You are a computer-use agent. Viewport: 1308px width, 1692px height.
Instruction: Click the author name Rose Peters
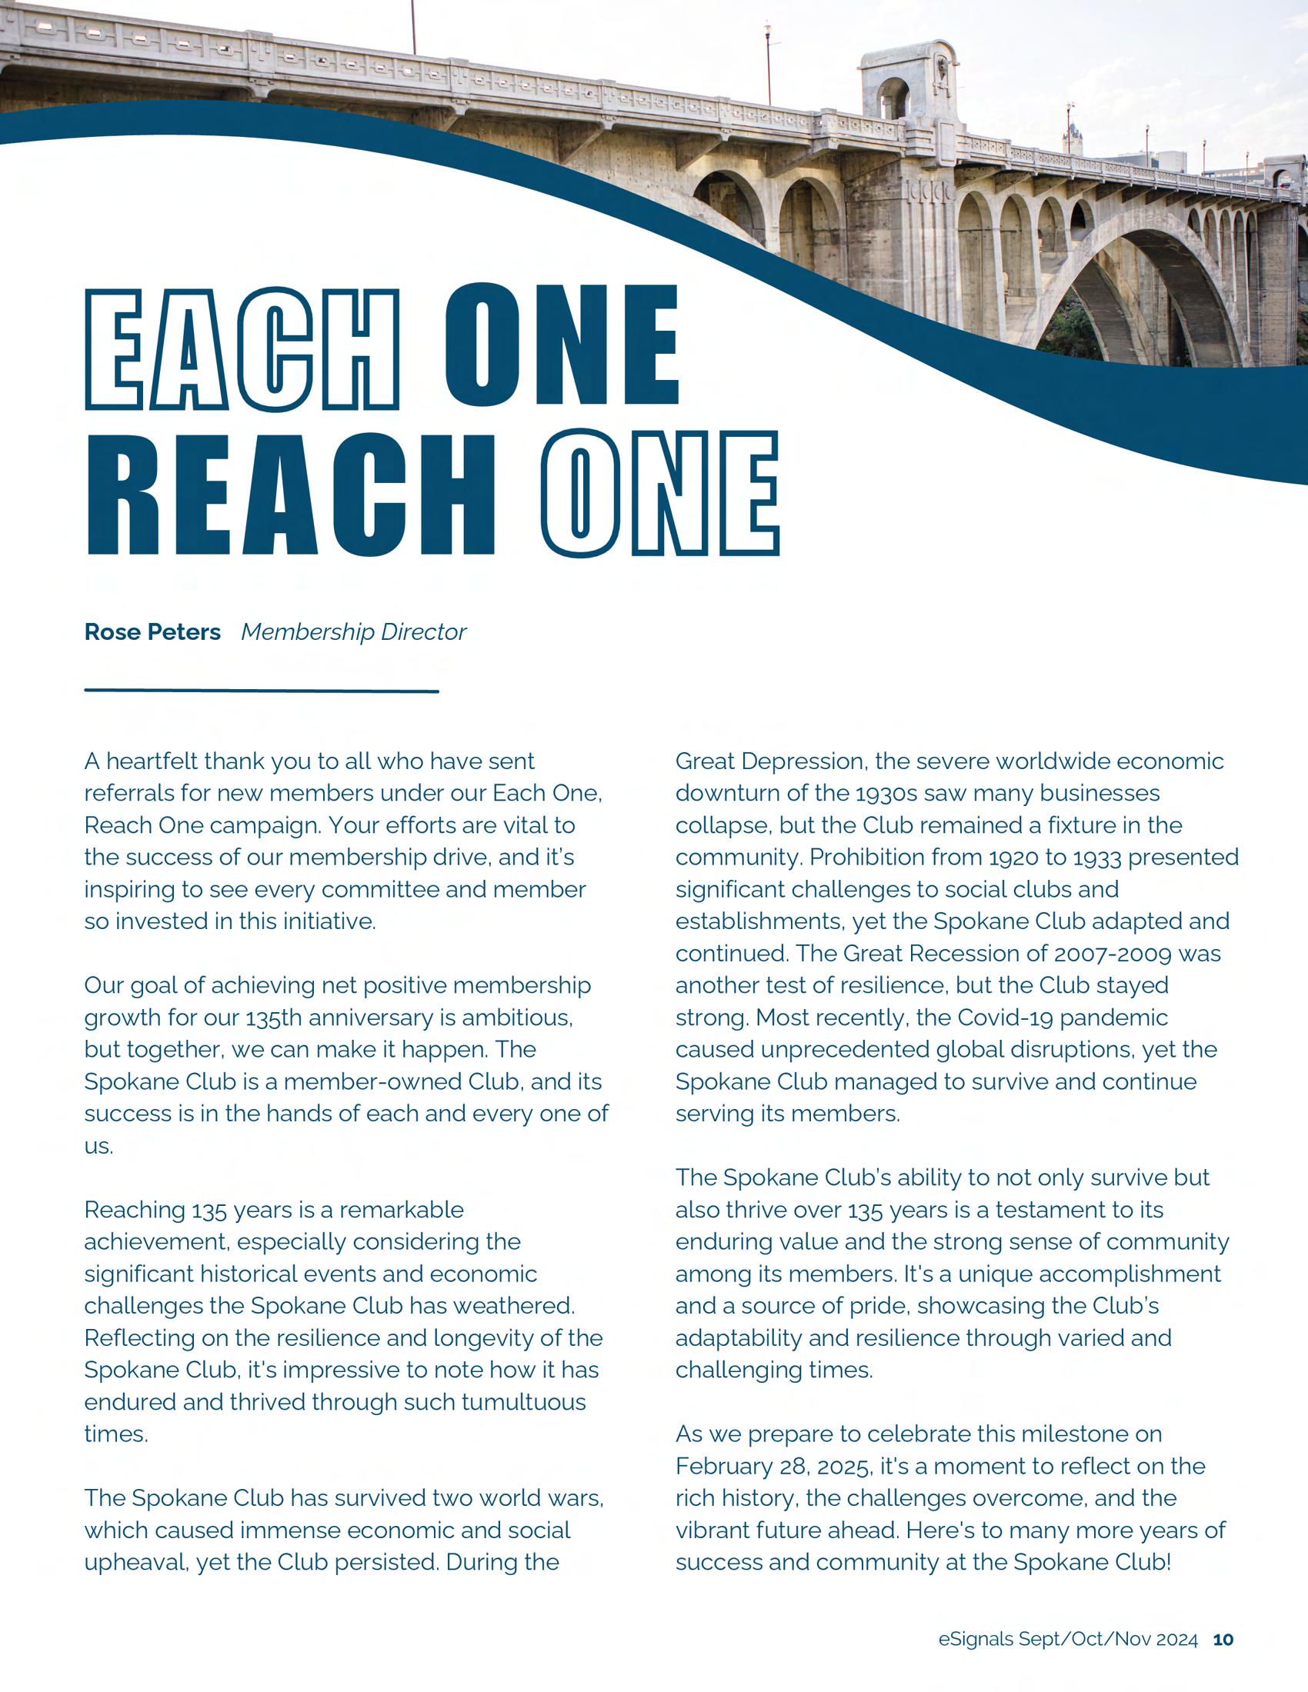click(152, 633)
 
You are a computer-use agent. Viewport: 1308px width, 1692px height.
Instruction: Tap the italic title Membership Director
click(353, 633)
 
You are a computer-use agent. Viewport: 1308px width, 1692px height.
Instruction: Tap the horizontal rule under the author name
click(261, 691)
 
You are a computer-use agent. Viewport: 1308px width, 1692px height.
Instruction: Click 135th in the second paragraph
click(275, 1018)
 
